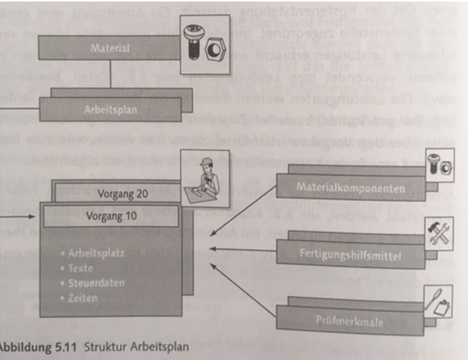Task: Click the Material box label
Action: [x=110, y=49]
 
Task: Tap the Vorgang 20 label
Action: [x=117, y=194]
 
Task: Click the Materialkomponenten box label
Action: [x=350, y=188]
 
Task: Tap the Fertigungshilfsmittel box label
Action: [x=349, y=257]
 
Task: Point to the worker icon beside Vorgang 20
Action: [x=206, y=176]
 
